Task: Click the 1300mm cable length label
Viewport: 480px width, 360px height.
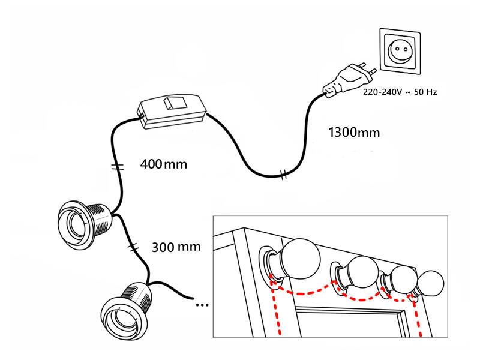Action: [354, 131]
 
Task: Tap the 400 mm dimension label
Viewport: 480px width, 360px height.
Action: [163, 163]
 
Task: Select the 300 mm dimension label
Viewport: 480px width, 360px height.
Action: [176, 246]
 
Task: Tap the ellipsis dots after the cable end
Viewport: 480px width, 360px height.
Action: [202, 305]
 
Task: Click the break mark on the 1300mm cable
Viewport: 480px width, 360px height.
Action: [284, 176]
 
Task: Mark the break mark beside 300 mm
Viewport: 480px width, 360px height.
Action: [133, 246]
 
